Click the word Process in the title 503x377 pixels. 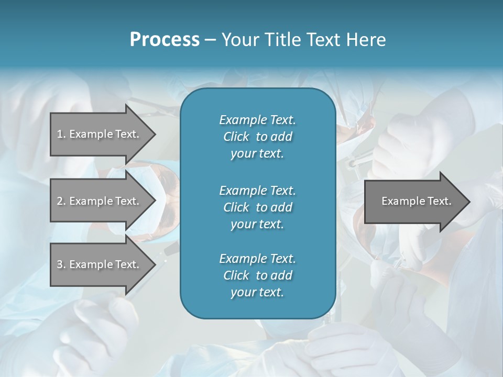[x=165, y=40]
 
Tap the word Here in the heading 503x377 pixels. [x=365, y=40]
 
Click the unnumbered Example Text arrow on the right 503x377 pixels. [x=416, y=201]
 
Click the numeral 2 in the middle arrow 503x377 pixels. [x=59, y=201]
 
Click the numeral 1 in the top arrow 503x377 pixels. [x=59, y=134]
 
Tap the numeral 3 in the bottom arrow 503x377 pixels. [x=59, y=264]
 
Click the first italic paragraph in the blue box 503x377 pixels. [x=257, y=137]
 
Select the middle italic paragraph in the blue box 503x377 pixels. [x=257, y=207]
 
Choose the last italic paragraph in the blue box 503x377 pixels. [x=257, y=275]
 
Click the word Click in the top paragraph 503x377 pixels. [x=236, y=137]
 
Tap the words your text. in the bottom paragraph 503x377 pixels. [x=257, y=293]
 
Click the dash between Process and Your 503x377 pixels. [x=210, y=40]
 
